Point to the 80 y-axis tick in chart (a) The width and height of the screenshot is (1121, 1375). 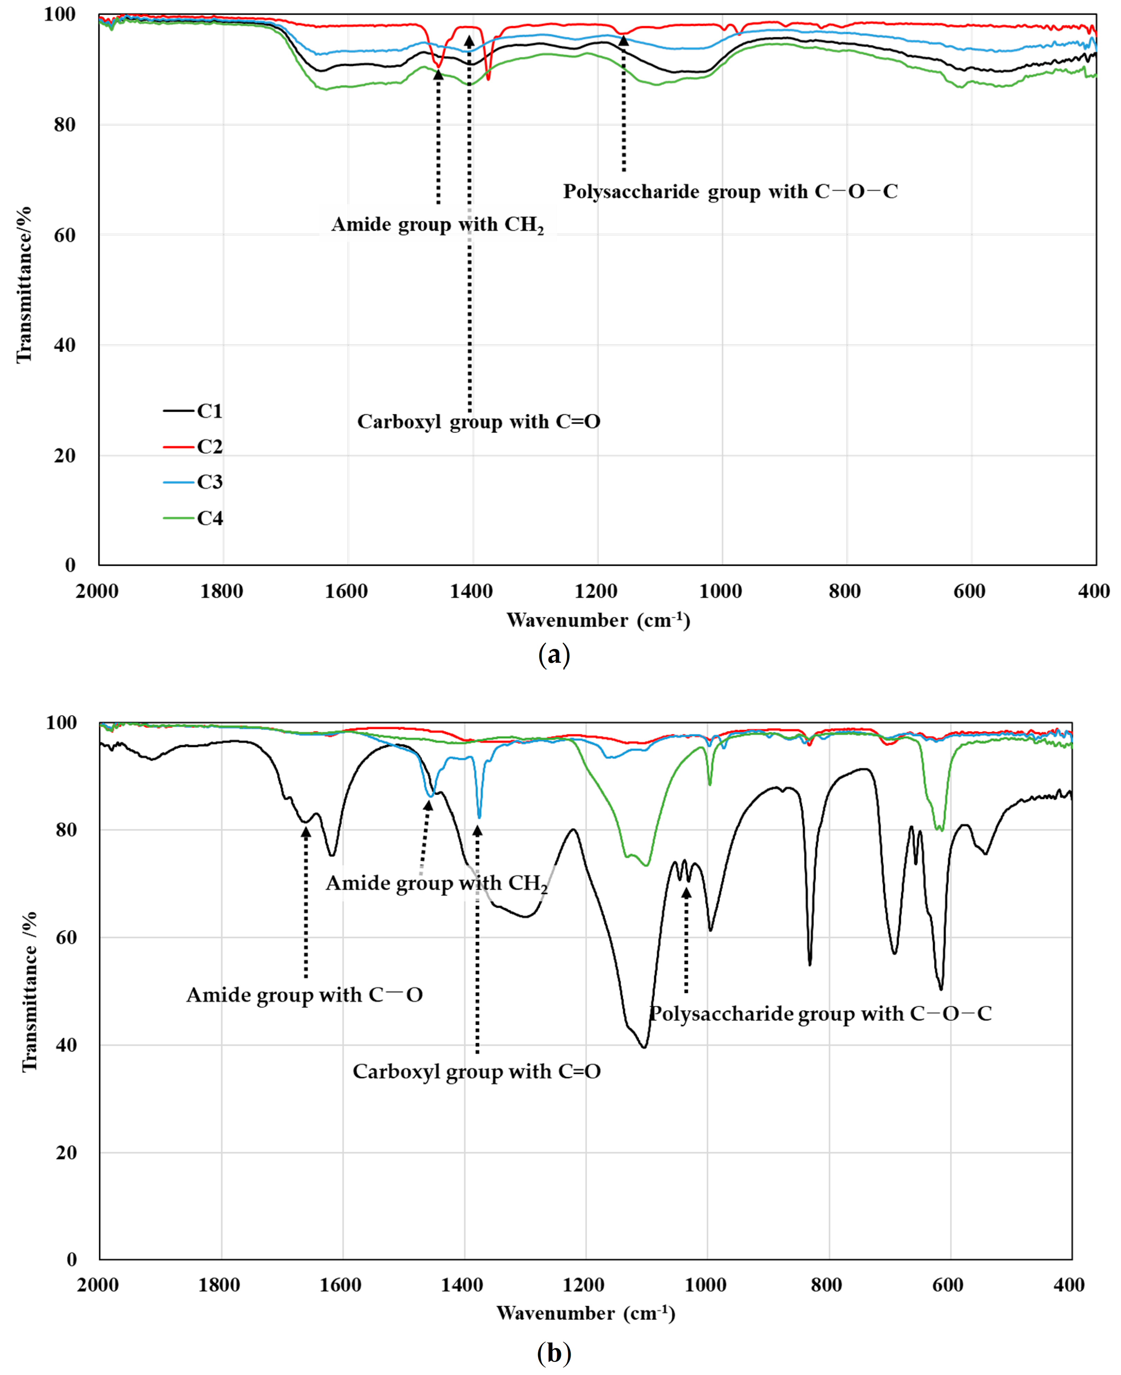tap(65, 125)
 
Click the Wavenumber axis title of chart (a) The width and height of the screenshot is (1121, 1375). tap(598, 620)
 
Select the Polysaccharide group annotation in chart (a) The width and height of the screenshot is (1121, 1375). tap(730, 191)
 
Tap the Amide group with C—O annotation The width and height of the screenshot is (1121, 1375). tap(304, 994)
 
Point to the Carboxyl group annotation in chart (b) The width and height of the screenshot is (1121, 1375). tap(477, 1071)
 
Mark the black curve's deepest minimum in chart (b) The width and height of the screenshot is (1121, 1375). tap(644, 1047)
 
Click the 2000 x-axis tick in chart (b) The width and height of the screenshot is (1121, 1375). tap(98, 1285)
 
